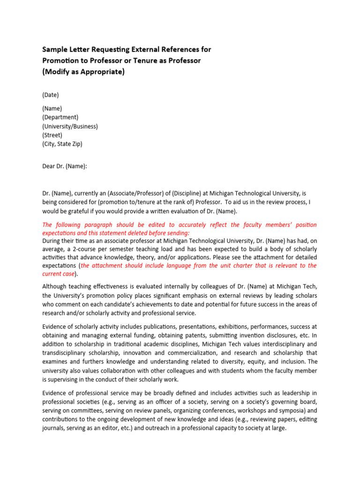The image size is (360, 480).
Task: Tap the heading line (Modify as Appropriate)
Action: point(83,72)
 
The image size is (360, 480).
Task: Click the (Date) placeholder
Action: point(51,95)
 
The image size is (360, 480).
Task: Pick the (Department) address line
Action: point(60,117)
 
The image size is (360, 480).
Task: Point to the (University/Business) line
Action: point(70,126)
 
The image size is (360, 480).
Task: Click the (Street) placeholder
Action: point(52,135)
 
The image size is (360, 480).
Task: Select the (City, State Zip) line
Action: point(62,144)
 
